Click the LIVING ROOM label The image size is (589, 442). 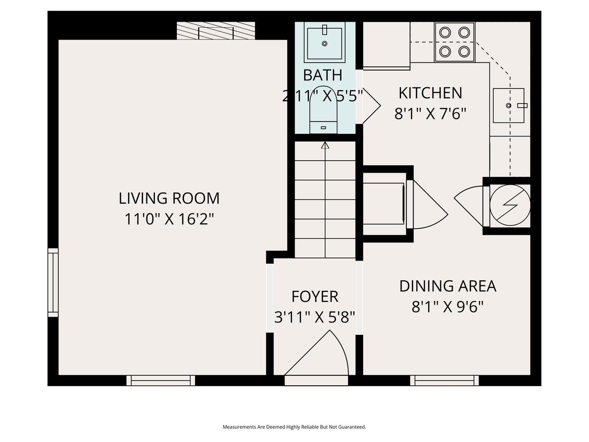pyautogui.click(x=169, y=198)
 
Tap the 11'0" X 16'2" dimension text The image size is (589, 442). pyautogui.click(x=169, y=219)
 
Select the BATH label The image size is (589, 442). pyautogui.click(x=322, y=75)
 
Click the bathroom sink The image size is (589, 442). pyautogui.click(x=324, y=44)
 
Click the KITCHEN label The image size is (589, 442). pyautogui.click(x=430, y=93)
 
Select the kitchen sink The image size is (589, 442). pyautogui.click(x=508, y=105)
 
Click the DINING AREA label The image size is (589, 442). pyautogui.click(x=447, y=286)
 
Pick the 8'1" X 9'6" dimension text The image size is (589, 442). pyautogui.click(x=447, y=306)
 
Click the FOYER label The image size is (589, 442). pyautogui.click(x=315, y=297)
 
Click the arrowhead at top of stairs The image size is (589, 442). pyautogui.click(x=325, y=145)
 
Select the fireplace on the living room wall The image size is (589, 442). pyautogui.click(x=216, y=31)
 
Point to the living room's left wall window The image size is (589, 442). pyautogui.click(x=53, y=282)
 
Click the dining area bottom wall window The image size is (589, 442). pyautogui.click(x=444, y=380)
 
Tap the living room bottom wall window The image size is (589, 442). pyautogui.click(x=161, y=380)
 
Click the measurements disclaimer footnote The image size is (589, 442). pyautogui.click(x=294, y=427)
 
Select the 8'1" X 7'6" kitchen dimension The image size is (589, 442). pyautogui.click(x=430, y=113)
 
